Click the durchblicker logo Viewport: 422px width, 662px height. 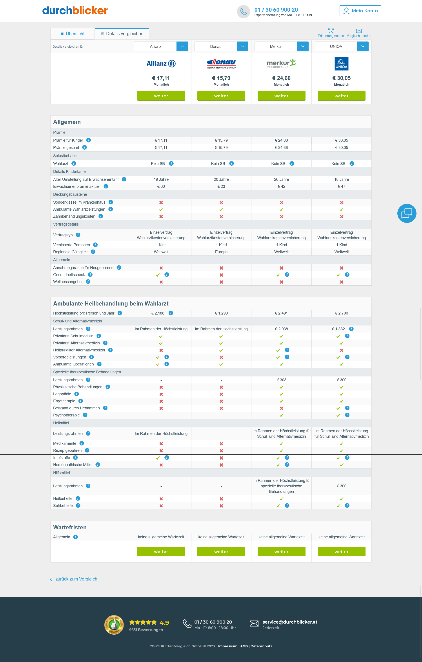75,11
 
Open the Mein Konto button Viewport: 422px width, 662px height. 360,11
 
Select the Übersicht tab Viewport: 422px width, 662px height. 73,34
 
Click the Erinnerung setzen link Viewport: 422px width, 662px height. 331,36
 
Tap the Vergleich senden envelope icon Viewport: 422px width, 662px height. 359,31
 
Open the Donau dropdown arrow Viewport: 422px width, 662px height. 242,47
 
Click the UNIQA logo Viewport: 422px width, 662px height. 341,63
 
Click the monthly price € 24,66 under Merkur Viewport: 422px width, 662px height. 281,78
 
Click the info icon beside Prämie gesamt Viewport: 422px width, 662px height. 84,147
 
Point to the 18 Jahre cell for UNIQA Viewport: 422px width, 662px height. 341,179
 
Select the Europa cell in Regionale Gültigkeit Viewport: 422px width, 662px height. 221,252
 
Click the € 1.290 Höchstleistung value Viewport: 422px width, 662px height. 221,313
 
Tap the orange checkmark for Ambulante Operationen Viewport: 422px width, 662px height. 158,364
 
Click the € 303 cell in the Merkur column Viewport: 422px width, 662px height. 281,380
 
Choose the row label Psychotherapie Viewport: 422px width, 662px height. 66,415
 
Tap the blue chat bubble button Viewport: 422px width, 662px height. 407,213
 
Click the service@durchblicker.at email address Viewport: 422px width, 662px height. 290,622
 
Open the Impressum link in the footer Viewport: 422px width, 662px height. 227,646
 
